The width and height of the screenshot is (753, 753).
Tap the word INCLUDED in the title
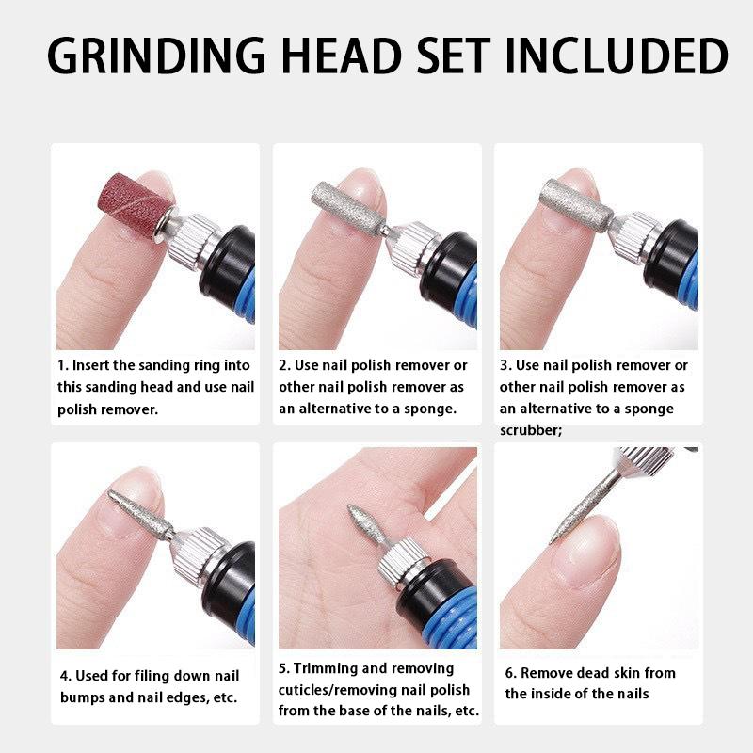[x=617, y=56]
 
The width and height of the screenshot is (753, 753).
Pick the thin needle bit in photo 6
[x=580, y=503]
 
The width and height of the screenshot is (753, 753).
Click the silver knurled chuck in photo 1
[x=194, y=241]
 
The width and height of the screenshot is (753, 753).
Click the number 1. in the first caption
[x=62, y=365]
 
